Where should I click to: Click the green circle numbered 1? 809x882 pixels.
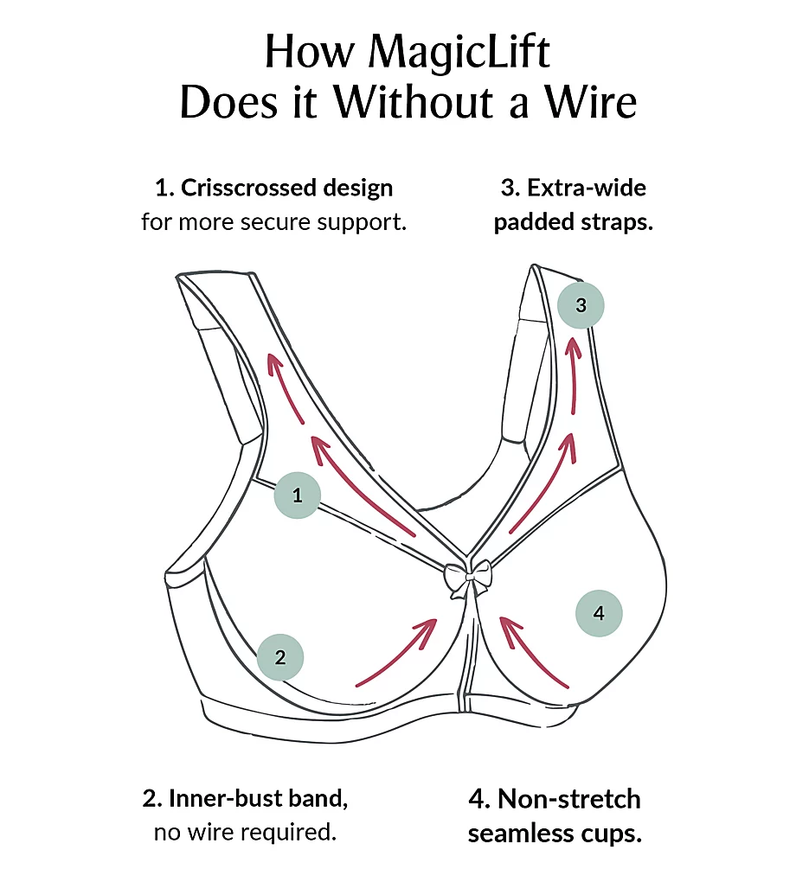pyautogui.click(x=298, y=496)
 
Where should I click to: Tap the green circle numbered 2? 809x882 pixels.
pyautogui.click(x=280, y=657)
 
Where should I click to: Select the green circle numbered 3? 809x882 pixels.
pyautogui.click(x=581, y=305)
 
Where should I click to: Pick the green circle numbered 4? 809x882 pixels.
pyautogui.click(x=599, y=614)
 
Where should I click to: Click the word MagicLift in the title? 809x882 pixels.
pyautogui.click(x=459, y=54)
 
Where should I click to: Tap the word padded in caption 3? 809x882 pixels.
pyautogui.click(x=530, y=222)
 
